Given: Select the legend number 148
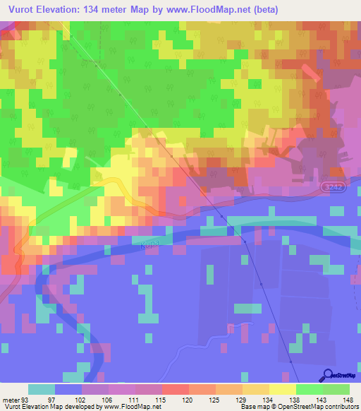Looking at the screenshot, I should tap(348, 399).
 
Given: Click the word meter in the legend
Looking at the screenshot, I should tap(11, 399).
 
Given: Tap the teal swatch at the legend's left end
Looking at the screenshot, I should tap(42, 389).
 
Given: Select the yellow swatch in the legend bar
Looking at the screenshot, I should tap(282, 389).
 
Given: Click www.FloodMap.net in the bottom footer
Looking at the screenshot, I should tap(133, 407).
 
